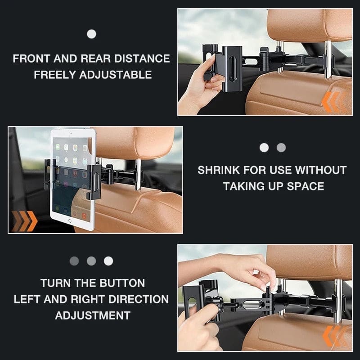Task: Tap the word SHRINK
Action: tap(219, 170)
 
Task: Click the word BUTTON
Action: tap(121, 283)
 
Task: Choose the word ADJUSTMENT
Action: tap(93, 315)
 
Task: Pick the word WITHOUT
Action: tap(321, 170)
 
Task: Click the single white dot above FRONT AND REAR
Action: tap(91, 34)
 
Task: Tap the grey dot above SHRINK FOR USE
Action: tap(281, 148)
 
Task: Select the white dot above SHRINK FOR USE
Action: tap(264, 148)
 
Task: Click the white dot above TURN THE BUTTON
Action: tap(108, 261)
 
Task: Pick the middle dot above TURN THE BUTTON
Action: tap(91, 261)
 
